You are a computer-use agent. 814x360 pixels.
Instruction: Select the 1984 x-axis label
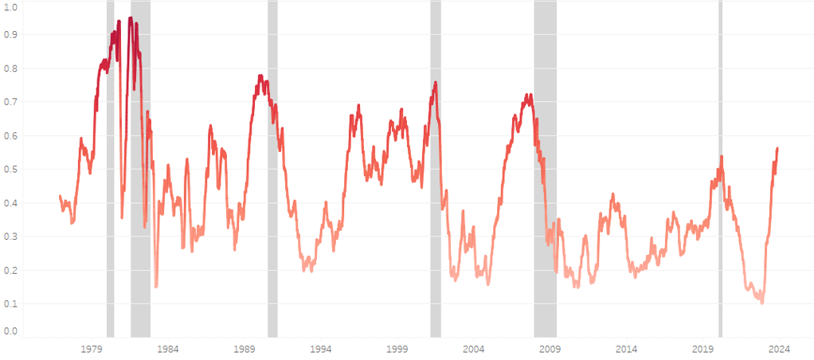tap(167, 349)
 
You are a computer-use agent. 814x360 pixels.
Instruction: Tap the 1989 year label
tap(245, 349)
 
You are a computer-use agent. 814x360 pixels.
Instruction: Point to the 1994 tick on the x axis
tap(321, 349)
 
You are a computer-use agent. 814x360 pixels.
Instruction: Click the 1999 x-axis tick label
tap(397, 349)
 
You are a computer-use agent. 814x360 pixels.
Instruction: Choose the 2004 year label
tap(474, 349)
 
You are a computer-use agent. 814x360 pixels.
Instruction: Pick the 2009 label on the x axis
tap(550, 349)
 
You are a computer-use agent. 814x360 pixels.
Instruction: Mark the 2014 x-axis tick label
tap(627, 349)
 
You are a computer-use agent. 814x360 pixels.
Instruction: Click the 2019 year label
tap(703, 349)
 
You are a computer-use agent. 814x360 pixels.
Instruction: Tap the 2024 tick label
tap(780, 349)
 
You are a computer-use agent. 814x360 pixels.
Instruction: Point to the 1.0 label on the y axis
tap(11, 6)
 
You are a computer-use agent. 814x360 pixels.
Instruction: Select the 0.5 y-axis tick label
tap(11, 170)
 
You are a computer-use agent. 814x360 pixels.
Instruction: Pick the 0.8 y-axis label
tap(11, 68)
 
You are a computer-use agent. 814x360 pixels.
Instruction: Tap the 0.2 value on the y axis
tap(11, 270)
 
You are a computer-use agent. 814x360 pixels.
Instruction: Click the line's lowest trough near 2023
tap(762, 303)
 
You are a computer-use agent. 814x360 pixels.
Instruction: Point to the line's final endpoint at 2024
tap(777, 148)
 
